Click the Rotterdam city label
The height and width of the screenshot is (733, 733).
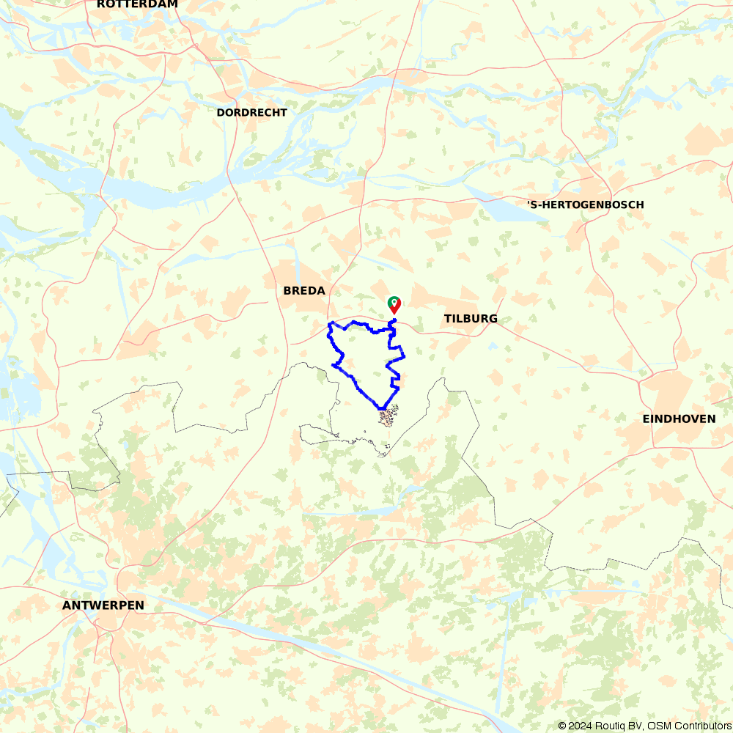click(x=137, y=4)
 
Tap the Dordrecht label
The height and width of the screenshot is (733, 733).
click(x=251, y=113)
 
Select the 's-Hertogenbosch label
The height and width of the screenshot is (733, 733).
click(x=586, y=205)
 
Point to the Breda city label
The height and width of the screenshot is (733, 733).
click(x=304, y=291)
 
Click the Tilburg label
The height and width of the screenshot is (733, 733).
click(x=471, y=319)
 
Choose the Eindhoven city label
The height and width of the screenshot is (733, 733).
click(x=679, y=419)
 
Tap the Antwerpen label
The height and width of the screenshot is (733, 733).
click(x=103, y=605)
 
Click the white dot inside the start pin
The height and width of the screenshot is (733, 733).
click(x=394, y=301)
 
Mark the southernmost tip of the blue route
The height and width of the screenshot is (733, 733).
click(x=382, y=408)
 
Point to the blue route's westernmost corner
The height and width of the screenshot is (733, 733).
click(x=328, y=324)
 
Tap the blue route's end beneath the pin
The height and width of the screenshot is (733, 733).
click(x=394, y=320)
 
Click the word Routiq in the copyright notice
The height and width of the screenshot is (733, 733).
click(x=608, y=726)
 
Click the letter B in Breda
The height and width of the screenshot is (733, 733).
click(x=287, y=291)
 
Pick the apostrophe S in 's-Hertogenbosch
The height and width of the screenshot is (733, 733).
click(x=531, y=205)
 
